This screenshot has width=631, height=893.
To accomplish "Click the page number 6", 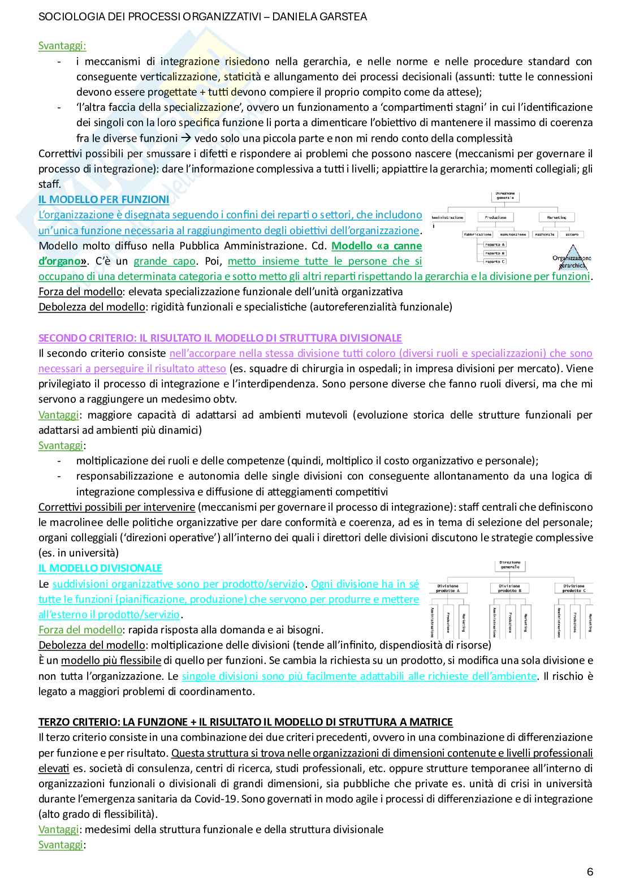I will point(590,872).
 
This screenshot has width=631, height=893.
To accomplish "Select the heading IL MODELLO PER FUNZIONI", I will point(103,199).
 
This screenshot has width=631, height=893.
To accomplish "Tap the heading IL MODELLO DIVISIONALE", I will point(100,568).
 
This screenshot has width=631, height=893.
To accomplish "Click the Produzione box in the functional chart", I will point(496,217).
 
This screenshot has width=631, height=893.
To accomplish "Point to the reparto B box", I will point(495,253).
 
